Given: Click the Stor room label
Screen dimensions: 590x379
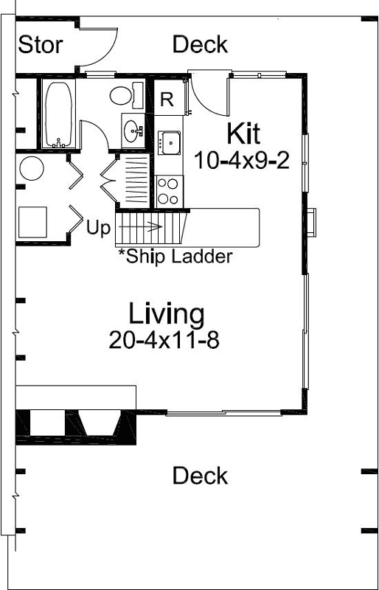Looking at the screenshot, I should point(40,45).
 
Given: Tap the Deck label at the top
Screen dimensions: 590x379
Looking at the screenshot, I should point(200,44).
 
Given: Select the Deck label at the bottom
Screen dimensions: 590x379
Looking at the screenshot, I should point(200,476).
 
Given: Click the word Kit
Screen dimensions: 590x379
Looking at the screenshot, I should point(243,134).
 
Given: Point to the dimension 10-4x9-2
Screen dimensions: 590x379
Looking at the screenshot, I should point(242,159).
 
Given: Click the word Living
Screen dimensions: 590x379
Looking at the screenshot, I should point(167,313).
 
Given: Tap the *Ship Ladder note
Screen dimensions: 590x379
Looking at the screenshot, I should point(175,257).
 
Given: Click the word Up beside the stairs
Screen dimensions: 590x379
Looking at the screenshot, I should point(98,227).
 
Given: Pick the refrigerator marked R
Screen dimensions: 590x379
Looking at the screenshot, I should point(167,101).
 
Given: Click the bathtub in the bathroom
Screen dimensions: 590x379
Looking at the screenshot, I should point(58,114).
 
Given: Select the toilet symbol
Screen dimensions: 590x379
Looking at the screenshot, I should point(125,95).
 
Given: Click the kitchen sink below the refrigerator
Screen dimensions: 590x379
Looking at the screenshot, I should point(169,142).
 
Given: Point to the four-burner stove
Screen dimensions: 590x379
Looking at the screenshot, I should point(168,190).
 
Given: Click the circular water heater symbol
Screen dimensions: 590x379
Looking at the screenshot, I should point(32,169).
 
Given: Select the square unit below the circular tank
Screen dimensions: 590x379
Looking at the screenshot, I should point(32,220).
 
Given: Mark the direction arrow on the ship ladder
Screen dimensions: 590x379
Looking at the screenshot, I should point(152,227).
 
